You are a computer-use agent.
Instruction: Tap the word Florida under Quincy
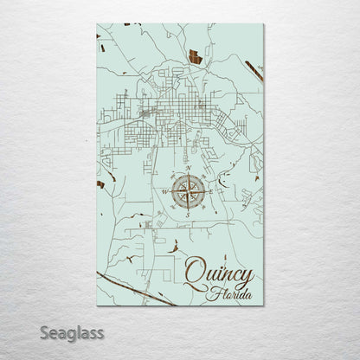tap(233, 295)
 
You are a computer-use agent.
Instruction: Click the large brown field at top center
tap(195, 59)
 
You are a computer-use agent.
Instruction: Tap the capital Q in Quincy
tap(196, 273)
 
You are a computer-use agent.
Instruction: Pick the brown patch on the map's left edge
tap(101, 183)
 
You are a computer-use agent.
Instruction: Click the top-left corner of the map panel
tap(97, 23)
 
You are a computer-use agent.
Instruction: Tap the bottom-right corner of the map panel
tap(263, 307)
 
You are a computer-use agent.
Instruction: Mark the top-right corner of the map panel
tap(263, 23)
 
